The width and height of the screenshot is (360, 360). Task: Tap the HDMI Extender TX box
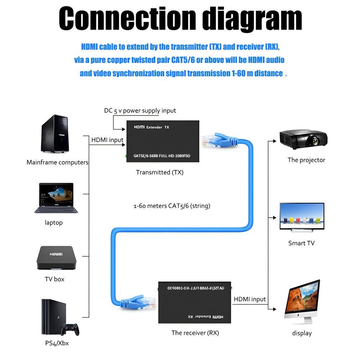162,141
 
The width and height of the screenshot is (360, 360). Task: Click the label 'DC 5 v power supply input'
140,111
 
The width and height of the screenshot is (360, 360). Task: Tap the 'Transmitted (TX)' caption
159,172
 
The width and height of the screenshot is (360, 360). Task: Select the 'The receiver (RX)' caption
195,333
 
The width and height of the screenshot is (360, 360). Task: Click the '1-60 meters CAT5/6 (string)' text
172,206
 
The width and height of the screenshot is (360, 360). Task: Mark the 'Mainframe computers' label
57,162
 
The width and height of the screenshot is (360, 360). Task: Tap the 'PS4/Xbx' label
57,343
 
